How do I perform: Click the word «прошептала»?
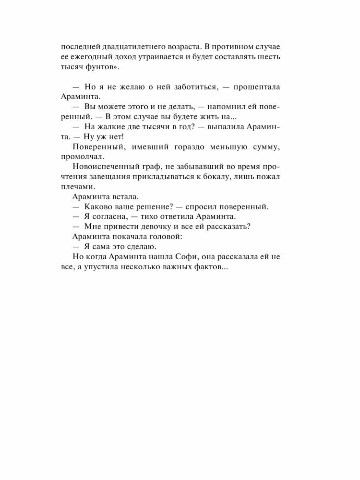pos(258,87)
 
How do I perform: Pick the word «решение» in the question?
pos(150,207)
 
